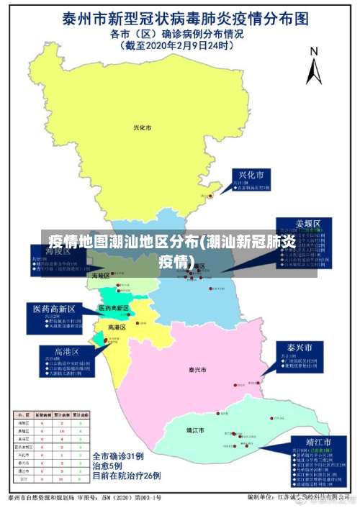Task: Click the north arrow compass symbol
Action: click(x=313, y=66)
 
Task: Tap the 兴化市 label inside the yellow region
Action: click(x=142, y=128)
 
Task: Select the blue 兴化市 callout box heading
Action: click(x=251, y=176)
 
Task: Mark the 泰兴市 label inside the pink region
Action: click(x=197, y=370)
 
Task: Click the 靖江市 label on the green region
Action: click(x=194, y=430)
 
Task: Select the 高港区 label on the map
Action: click(x=117, y=327)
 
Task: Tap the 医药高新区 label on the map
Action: click(x=113, y=308)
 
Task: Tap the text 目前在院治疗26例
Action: click(x=126, y=476)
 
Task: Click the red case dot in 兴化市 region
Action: click(x=210, y=195)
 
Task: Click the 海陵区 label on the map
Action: click(x=100, y=276)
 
